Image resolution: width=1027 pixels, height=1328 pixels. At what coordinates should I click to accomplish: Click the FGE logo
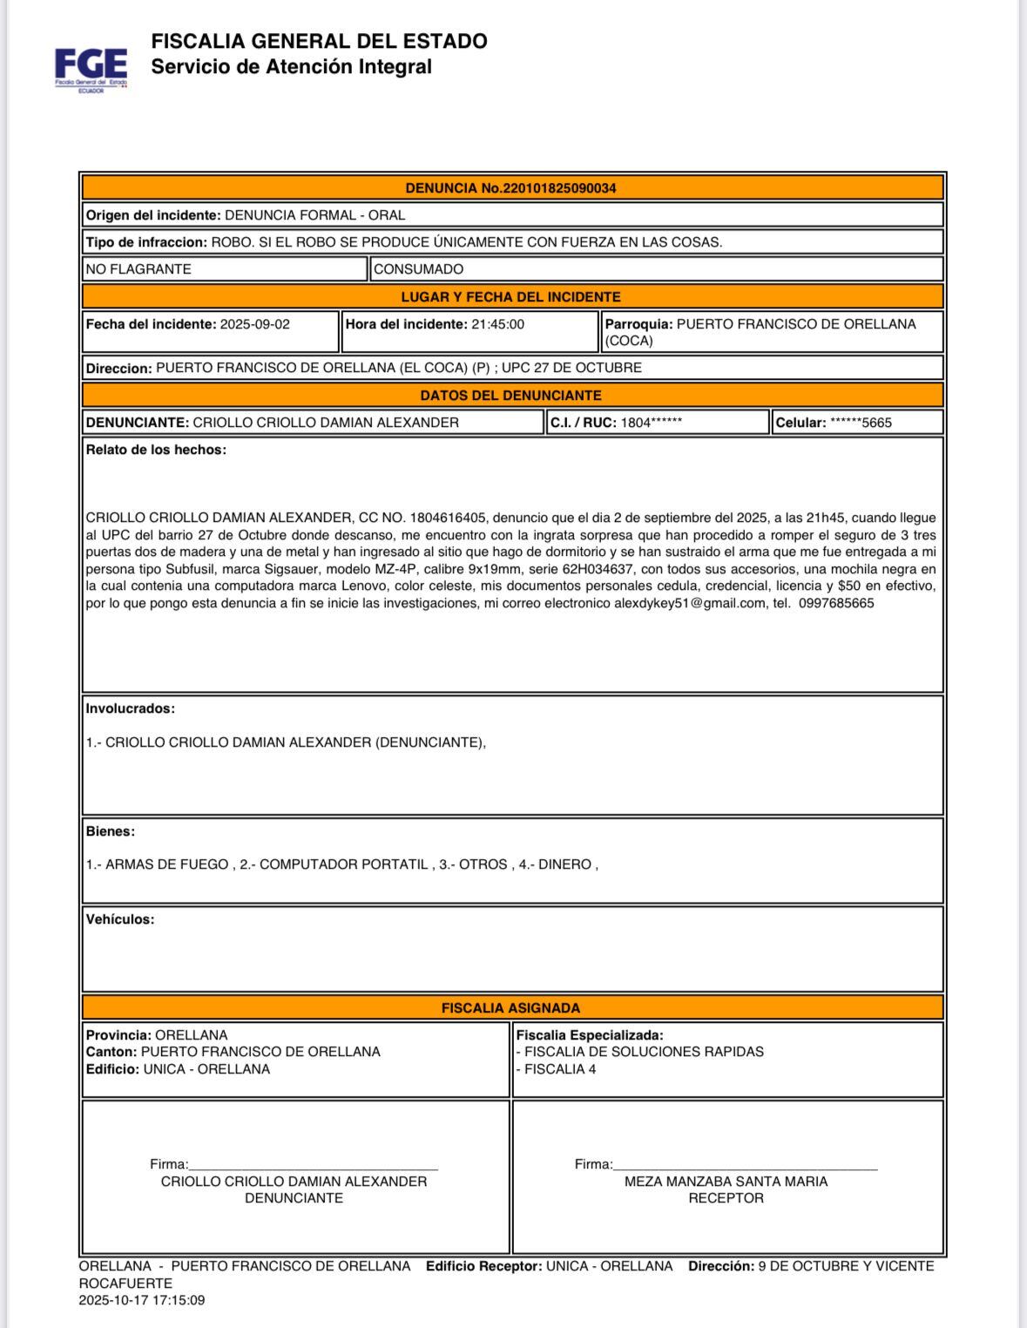click(91, 68)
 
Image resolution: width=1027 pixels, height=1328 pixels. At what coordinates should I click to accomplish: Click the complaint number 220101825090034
click(559, 188)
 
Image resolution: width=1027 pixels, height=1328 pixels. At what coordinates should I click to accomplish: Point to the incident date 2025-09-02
click(254, 324)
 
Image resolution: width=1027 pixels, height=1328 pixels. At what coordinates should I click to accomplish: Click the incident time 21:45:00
click(497, 324)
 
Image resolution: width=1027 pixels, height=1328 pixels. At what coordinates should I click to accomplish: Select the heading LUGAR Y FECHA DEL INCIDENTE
click(510, 297)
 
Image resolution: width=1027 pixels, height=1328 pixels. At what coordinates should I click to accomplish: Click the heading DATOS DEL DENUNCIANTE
click(510, 396)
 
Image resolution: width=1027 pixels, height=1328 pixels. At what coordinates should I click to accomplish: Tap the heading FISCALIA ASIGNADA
click(510, 1008)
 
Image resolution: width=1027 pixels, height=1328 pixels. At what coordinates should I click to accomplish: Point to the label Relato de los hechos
click(156, 450)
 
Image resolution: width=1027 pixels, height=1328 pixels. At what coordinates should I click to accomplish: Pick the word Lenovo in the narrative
click(364, 586)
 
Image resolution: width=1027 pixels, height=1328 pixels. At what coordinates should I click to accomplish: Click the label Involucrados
click(130, 708)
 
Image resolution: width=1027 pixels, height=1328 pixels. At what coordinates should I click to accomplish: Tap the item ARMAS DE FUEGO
click(166, 864)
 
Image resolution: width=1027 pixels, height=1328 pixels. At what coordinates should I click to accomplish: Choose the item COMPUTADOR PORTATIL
click(343, 864)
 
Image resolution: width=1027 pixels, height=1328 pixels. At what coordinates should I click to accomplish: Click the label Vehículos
click(119, 919)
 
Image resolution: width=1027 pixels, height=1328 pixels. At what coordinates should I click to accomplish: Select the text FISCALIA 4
click(559, 1069)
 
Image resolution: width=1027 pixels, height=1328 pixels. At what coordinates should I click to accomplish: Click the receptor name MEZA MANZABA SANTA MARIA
click(726, 1182)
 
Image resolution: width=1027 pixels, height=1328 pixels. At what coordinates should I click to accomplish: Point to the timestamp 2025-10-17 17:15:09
click(141, 1300)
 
